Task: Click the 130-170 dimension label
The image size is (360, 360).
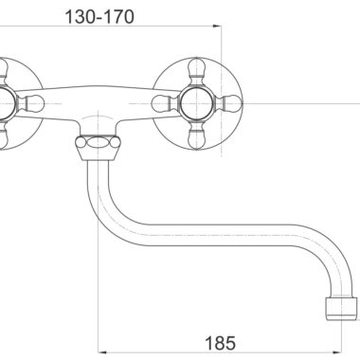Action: [x=99, y=17]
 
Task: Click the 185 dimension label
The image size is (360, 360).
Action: [x=220, y=343]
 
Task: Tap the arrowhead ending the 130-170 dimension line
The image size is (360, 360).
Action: [x=217, y=27]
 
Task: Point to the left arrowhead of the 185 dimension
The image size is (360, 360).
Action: [x=102, y=351]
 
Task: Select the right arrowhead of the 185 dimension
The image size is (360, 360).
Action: [x=338, y=351]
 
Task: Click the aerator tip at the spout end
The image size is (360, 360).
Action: [x=342, y=309]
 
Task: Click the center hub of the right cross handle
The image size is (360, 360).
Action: [x=196, y=103]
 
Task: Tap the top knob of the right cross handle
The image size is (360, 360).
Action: [x=196, y=71]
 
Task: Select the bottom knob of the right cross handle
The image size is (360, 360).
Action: [x=196, y=136]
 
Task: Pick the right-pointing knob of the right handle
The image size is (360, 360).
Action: [x=228, y=103]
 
